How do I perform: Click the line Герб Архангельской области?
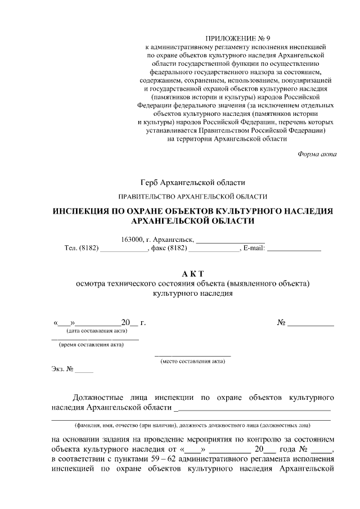pyautogui.click(x=193, y=182)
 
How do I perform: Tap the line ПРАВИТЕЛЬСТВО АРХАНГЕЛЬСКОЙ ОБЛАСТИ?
pyautogui.click(x=192, y=196)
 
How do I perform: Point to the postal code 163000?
pyautogui.click(x=132, y=240)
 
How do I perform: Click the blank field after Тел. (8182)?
pyautogui.click(x=123, y=249)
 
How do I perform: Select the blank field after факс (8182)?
pyautogui.click(x=213, y=249)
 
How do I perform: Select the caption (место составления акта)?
pyautogui.click(x=193, y=361)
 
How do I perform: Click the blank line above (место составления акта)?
pyautogui.click(x=193, y=355)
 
